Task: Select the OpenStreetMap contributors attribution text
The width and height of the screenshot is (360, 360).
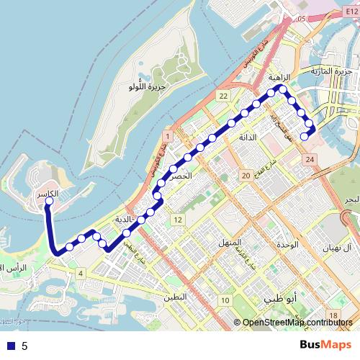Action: (297, 323)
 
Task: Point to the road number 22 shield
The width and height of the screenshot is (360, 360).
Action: (224, 96)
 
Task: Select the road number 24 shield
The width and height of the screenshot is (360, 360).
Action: (310, 158)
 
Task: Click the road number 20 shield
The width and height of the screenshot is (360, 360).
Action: (245, 175)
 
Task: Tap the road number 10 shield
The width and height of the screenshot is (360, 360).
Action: (225, 300)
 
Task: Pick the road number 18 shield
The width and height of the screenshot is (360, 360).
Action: (333, 315)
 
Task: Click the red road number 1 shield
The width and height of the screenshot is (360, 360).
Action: (166, 136)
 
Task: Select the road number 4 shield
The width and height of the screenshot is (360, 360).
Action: (81, 273)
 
